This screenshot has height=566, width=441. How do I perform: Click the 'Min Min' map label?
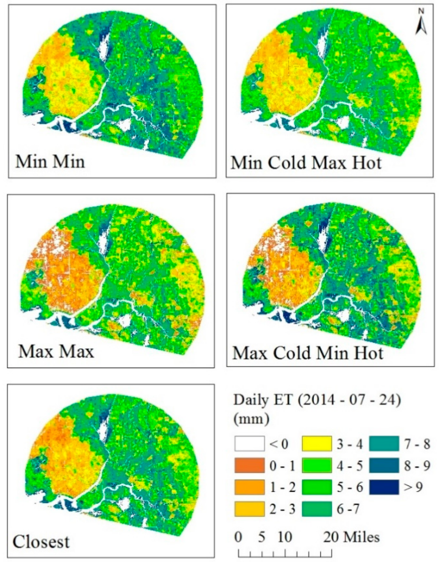pyautogui.click(x=50, y=162)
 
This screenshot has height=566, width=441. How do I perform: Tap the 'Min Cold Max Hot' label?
pyautogui.click(x=306, y=163)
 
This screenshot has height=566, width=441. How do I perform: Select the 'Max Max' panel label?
pyautogui.click(x=56, y=352)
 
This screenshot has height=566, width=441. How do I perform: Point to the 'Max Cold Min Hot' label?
pyautogui.click(x=308, y=353)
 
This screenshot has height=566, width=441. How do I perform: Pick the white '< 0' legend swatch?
pyautogui.click(x=249, y=444)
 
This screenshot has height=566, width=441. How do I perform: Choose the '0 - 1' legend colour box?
pyautogui.click(x=249, y=465)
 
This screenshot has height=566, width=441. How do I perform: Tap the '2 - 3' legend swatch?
pyautogui.click(x=249, y=509)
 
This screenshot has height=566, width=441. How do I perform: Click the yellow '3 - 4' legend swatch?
pyautogui.click(x=317, y=444)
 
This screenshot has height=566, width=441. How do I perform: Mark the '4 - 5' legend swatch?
pyautogui.click(x=317, y=465)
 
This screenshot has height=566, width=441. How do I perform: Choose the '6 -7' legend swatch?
pyautogui.click(x=317, y=509)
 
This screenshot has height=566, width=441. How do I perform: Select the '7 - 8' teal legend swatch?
pyautogui.click(x=384, y=444)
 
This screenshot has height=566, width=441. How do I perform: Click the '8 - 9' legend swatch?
pyautogui.click(x=384, y=465)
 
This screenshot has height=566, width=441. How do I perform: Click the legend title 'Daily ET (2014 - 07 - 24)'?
pyautogui.click(x=317, y=401)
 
